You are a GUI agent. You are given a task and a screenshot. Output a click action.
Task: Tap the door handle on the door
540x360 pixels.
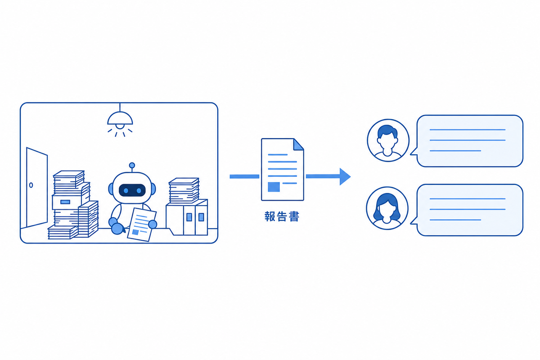pos(31,185)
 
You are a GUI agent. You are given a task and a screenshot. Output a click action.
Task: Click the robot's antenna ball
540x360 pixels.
pos(132,166)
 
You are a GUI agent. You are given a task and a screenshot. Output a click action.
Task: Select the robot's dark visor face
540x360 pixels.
pos(132,190)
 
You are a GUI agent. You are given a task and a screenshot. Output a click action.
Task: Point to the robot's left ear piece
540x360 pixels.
pos(111,189)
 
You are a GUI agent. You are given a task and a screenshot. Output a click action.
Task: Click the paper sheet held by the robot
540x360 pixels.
pos(141,225)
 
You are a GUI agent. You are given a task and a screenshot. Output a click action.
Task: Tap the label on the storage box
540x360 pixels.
pos(65,202)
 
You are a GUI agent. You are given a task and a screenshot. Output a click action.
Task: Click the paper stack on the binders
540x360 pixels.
pos(184,191)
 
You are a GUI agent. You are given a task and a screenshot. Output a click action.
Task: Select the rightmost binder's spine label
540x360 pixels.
pos(201,217)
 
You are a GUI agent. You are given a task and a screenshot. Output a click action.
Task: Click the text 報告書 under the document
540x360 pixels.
pos(282,216)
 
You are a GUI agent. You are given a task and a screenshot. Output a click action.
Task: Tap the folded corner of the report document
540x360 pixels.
pos(298,144)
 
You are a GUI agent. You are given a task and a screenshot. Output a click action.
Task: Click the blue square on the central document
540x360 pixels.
pos(274,187)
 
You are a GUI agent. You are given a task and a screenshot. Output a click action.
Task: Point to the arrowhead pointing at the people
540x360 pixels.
pos(345,176)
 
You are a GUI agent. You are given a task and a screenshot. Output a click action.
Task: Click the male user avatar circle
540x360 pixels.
pos(388,140)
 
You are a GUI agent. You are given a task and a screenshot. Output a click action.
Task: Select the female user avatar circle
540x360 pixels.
pos(387,208)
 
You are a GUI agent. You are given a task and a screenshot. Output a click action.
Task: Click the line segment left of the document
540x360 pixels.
pos(244,176)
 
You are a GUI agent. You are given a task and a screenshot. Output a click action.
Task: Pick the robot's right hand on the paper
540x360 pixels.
pos(153,224)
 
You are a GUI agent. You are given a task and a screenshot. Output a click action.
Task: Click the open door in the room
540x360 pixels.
pos(36,188)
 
